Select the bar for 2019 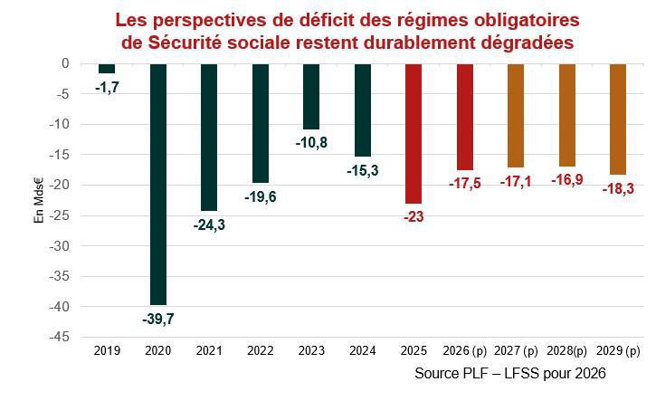tap(107, 68)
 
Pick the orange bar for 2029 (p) tap(618, 119)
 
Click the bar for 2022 tap(261, 122)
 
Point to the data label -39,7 tap(158, 318)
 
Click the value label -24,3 tap(209, 224)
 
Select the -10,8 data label tap(311, 142)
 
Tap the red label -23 tap(414, 217)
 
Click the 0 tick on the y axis tap(66, 63)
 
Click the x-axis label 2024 tap(363, 350)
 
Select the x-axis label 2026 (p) tap(465, 350)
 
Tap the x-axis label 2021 tap(209, 350)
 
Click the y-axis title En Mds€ tap(39, 201)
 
